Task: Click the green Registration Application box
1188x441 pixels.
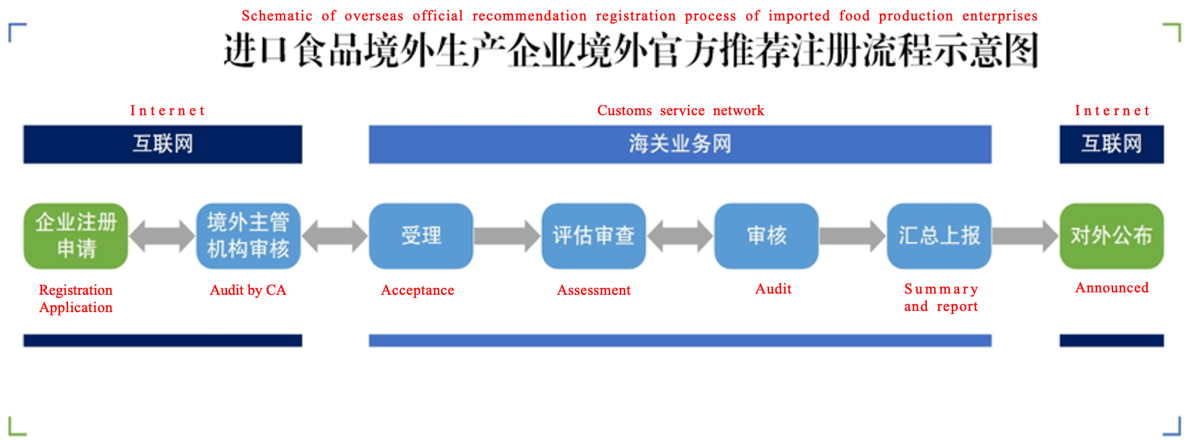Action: (76, 236)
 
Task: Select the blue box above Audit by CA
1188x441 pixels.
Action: (248, 236)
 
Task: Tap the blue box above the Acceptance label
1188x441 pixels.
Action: (421, 236)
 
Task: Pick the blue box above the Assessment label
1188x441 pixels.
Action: (594, 236)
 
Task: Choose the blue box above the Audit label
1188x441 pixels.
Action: (767, 236)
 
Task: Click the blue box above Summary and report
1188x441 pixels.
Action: (939, 236)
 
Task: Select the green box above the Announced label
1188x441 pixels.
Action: (1112, 236)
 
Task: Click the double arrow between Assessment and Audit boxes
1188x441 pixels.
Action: (680, 236)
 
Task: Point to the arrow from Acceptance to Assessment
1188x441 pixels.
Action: (507, 236)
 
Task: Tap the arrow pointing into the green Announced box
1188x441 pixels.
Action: (1025, 236)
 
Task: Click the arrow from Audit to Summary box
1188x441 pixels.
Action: (853, 236)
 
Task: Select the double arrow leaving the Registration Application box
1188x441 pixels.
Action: (162, 236)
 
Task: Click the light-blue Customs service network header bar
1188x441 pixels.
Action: (680, 144)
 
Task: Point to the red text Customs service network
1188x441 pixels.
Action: (681, 110)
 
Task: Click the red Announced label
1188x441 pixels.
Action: (1112, 287)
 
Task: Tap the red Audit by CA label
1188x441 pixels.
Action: (248, 290)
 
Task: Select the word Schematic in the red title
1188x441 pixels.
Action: (277, 15)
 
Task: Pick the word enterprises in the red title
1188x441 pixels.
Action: (1000, 16)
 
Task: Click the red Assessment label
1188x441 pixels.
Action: (594, 290)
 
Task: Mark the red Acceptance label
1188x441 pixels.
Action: (418, 290)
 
